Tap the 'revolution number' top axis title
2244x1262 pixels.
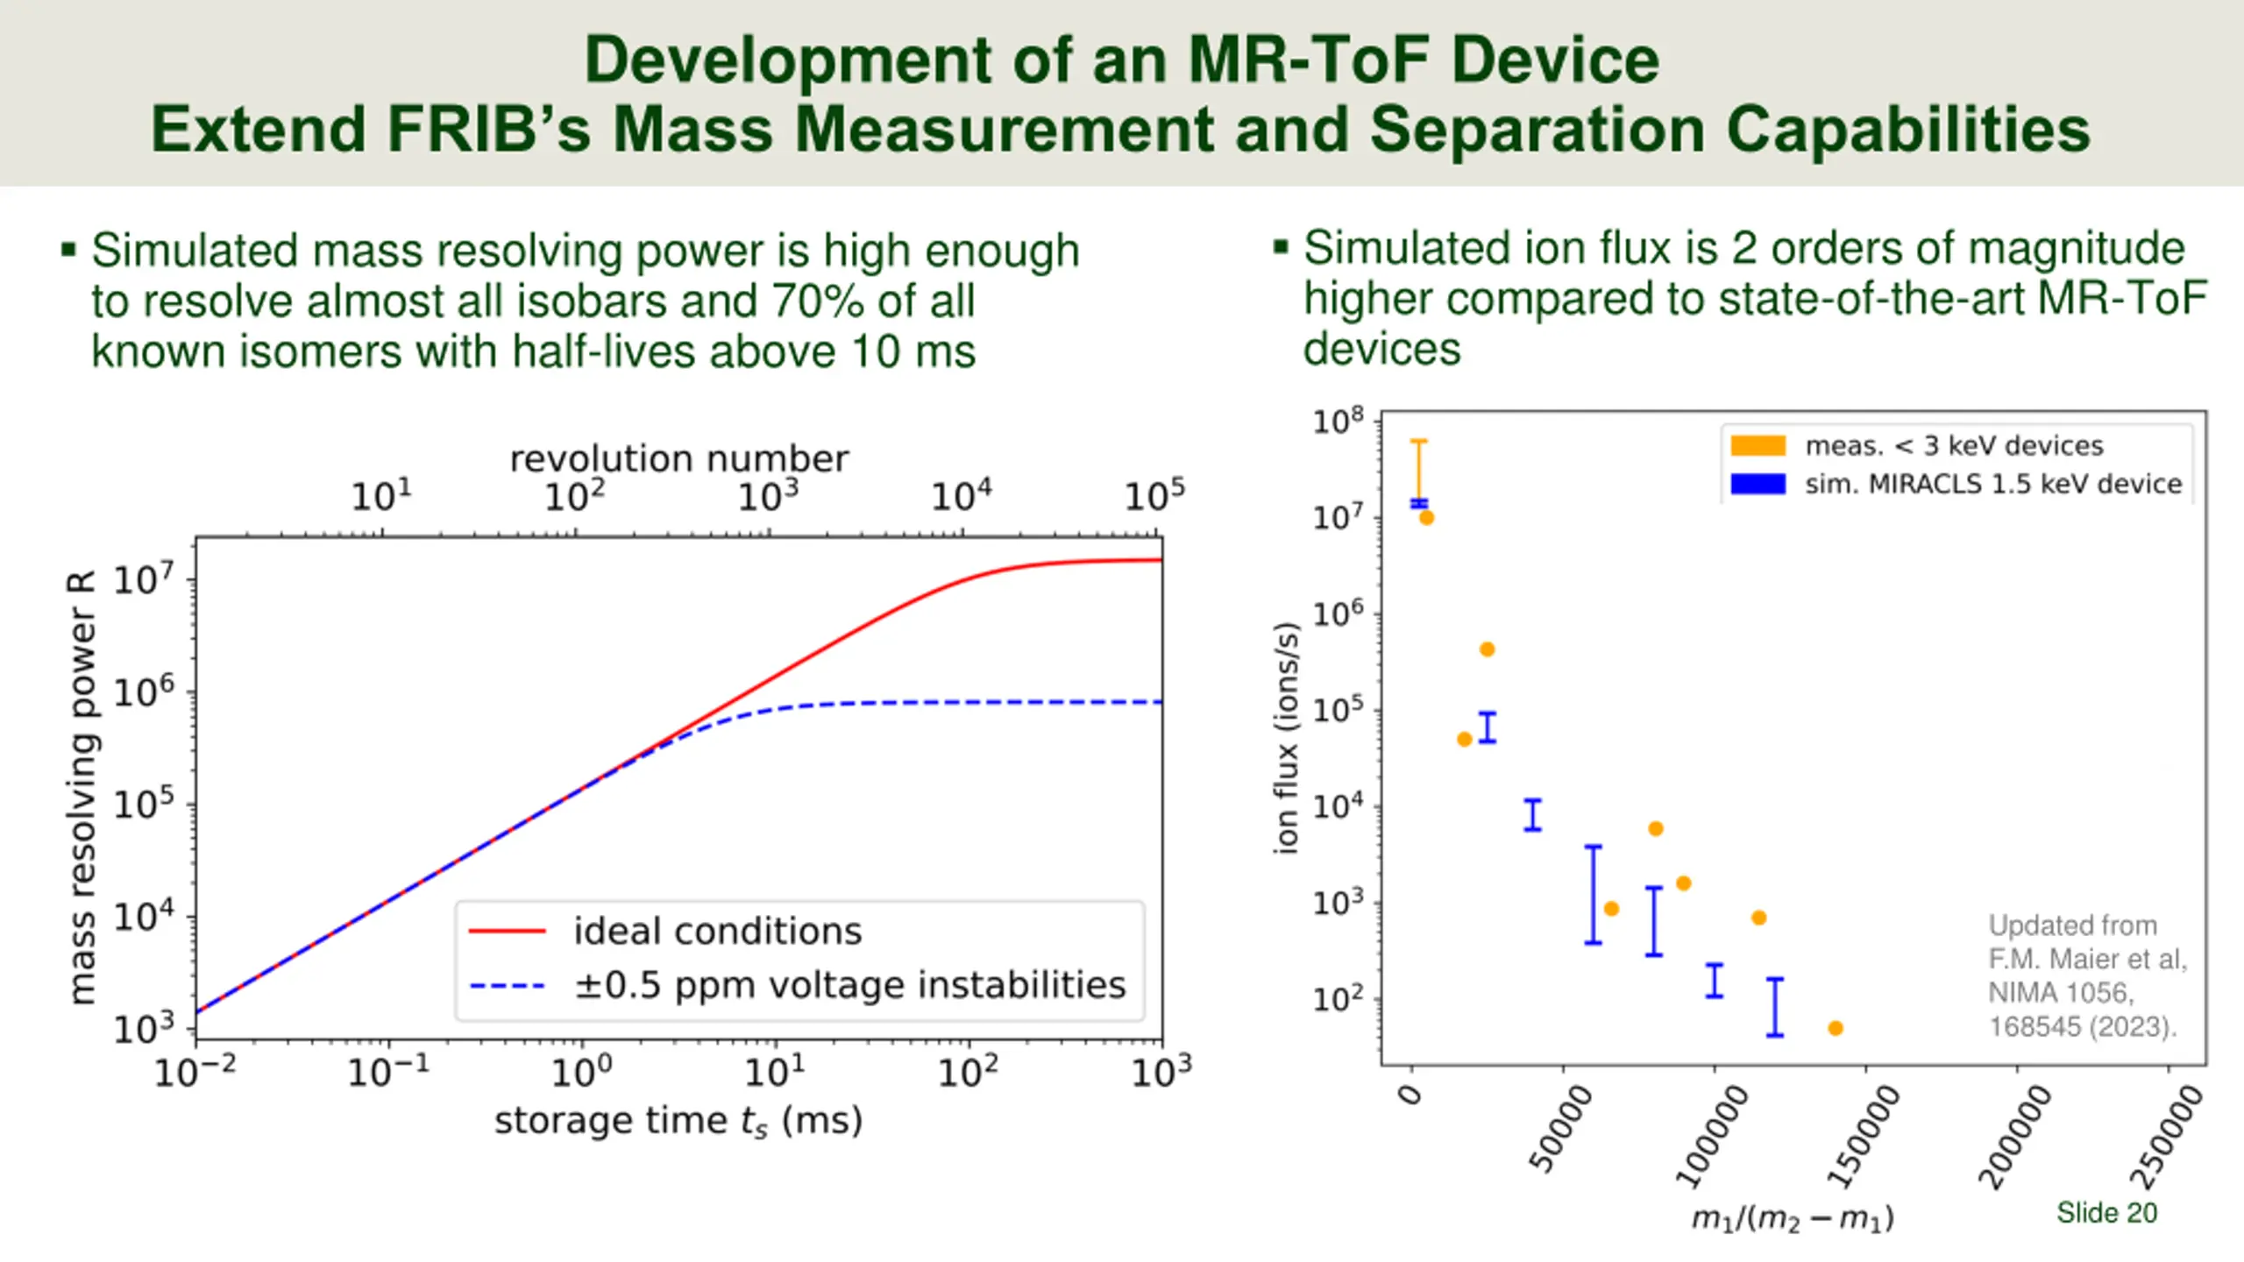(679, 459)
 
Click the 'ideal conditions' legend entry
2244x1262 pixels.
(717, 931)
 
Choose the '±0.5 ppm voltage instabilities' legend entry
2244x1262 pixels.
(849, 985)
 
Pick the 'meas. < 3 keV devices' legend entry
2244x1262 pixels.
(1953, 446)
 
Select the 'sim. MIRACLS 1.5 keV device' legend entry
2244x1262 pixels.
(1992, 484)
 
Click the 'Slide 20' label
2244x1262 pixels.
(2106, 1213)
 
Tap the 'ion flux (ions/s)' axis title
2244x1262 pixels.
(1286, 737)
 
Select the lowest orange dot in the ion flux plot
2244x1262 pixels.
(1836, 1028)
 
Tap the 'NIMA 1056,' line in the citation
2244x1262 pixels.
(2060, 993)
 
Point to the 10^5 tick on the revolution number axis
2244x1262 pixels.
(1154, 497)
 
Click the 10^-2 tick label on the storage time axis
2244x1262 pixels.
(195, 1071)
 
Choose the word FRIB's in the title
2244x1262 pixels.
(487, 130)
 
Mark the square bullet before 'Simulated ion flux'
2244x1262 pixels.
(1281, 247)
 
